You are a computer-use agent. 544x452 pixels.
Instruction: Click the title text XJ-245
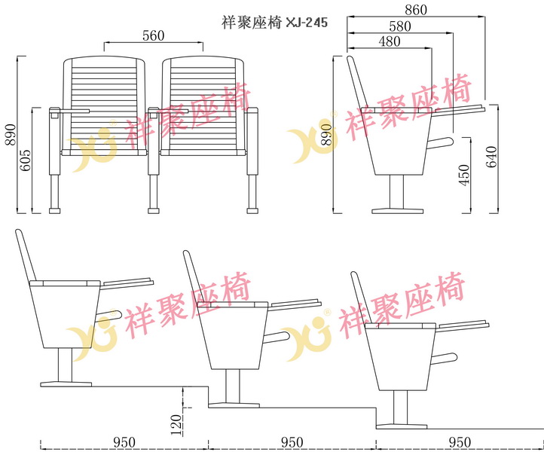pos(307,23)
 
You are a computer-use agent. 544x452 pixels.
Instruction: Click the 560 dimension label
pos(154,35)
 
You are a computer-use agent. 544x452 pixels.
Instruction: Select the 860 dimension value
pos(416,10)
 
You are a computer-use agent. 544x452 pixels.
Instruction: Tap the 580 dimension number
pos(400,26)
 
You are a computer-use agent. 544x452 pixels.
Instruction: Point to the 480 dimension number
pos(390,41)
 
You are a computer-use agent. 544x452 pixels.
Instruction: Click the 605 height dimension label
pos(25,160)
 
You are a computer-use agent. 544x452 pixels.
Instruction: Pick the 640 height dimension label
pos(491,157)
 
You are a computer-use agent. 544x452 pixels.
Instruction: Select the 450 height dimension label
pos(464,176)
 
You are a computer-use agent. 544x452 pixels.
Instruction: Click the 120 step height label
pos(176,425)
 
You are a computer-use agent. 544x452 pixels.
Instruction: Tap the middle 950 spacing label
pos(292,442)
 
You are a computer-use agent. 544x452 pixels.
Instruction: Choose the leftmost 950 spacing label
pos(124,442)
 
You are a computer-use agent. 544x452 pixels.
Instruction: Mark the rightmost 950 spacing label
pos(460,442)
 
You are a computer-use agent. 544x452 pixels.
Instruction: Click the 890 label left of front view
pos(11,135)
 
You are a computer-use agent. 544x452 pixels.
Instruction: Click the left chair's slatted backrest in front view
pos(104,104)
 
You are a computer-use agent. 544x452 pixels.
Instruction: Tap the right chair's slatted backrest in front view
pos(203,104)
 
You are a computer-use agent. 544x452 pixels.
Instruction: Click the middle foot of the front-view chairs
pos(154,211)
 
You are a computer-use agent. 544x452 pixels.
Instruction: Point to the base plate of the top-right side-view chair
pos(398,211)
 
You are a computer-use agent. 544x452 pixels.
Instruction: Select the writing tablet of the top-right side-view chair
pos(460,109)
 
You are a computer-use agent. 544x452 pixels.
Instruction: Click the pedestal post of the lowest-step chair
pos(400,408)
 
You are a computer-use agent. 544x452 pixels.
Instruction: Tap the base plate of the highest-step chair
pos(66,384)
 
